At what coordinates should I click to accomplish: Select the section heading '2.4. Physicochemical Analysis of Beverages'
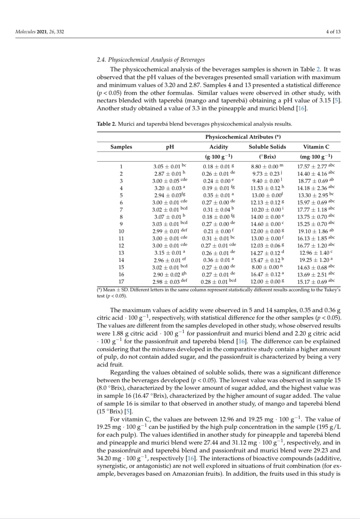coord(151,60)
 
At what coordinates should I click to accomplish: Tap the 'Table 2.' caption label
coord(106,124)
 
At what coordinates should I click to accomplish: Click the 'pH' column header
coord(170,147)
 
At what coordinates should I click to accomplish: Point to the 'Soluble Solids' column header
coord(267,147)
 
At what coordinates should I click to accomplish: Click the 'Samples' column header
coord(121,147)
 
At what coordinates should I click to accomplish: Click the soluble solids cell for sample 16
coord(267,274)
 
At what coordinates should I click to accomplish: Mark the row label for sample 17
coord(121,282)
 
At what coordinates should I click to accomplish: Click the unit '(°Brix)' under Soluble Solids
coord(267,157)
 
